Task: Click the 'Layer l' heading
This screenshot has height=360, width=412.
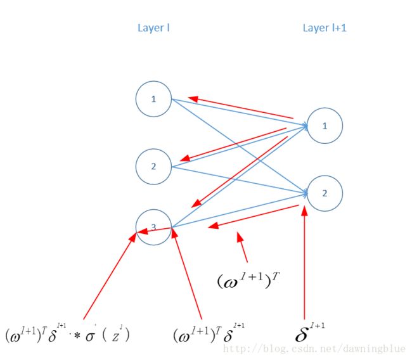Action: (x=153, y=28)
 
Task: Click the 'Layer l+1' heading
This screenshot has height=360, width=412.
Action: (x=325, y=28)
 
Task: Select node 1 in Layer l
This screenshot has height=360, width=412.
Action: (x=153, y=99)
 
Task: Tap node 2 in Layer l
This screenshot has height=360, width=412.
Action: (x=153, y=166)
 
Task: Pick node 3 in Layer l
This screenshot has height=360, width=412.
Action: (x=153, y=226)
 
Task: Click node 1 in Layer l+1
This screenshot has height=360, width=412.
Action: (x=325, y=125)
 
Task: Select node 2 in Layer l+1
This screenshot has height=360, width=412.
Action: (x=325, y=193)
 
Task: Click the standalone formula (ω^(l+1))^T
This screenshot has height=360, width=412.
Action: (x=247, y=280)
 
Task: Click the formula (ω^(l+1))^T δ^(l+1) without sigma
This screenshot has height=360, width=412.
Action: (x=209, y=333)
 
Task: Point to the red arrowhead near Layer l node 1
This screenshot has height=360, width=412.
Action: (x=193, y=98)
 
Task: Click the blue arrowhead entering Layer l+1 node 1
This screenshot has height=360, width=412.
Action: (x=305, y=126)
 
